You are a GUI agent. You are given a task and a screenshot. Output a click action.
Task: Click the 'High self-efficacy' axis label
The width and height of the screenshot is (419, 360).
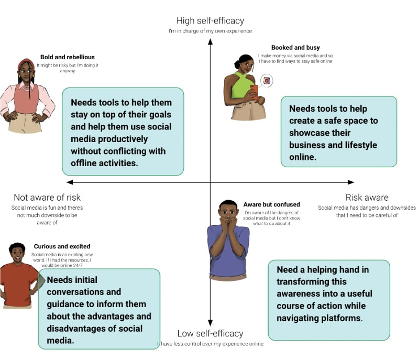tap(210, 21)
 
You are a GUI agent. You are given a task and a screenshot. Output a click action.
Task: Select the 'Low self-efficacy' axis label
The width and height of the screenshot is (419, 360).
tap(210, 333)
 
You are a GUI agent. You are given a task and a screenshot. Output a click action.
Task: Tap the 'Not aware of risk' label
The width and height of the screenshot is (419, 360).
tap(47, 198)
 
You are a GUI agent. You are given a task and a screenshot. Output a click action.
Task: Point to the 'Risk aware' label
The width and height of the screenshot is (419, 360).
tap(367, 198)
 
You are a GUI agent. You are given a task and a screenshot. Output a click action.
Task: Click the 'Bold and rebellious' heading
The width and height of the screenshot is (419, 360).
tap(68, 57)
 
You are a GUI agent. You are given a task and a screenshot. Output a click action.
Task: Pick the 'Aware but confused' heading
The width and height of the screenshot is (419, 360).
tap(272, 204)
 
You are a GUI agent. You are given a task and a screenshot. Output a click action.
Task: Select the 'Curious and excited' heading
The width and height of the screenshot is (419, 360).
tap(62, 246)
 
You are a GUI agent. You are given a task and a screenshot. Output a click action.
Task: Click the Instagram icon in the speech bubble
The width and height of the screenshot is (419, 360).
tap(267, 81)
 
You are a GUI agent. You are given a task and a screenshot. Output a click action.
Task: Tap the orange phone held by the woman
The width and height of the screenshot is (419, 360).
tap(255, 92)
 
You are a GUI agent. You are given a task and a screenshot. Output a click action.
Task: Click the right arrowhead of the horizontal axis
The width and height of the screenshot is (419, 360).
tap(351, 182)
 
